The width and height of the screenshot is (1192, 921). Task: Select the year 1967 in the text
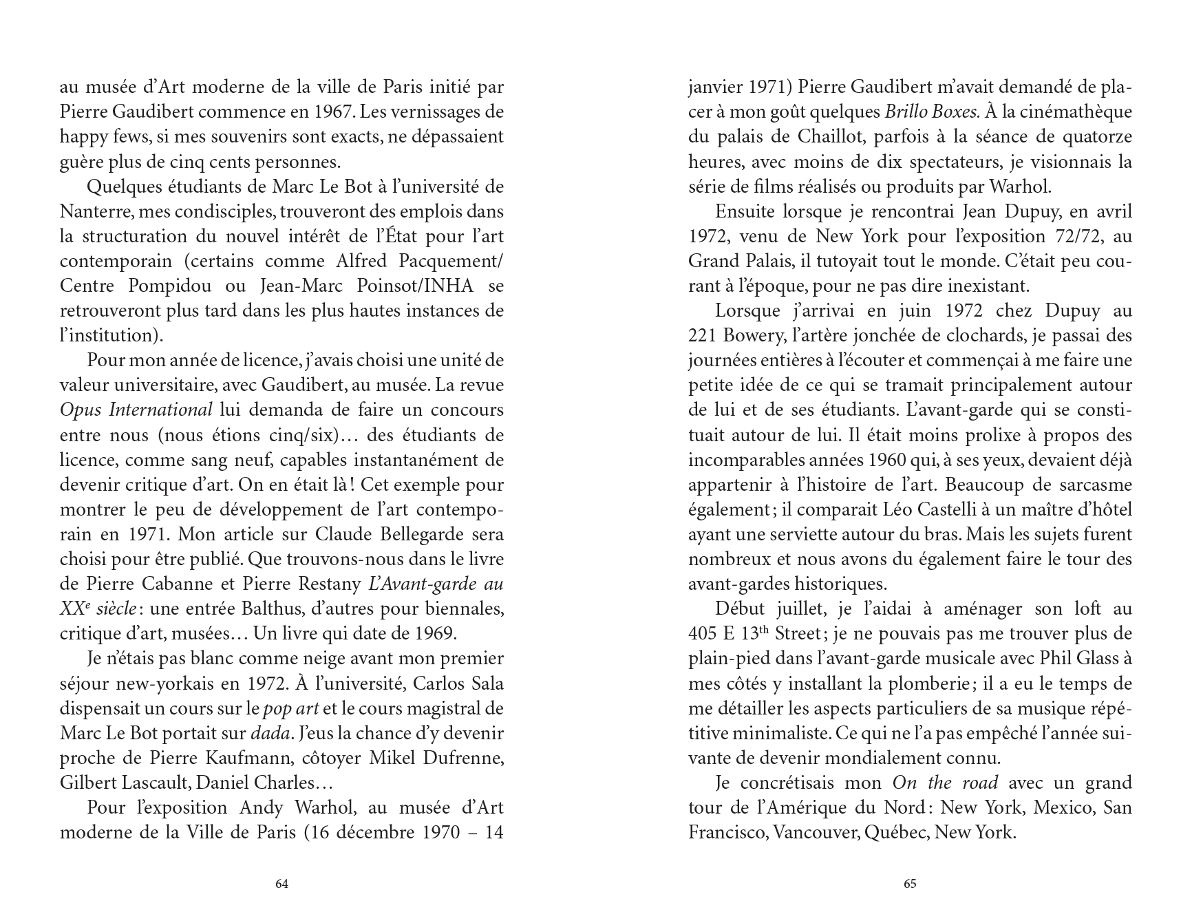333,112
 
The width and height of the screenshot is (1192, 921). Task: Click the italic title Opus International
136,410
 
